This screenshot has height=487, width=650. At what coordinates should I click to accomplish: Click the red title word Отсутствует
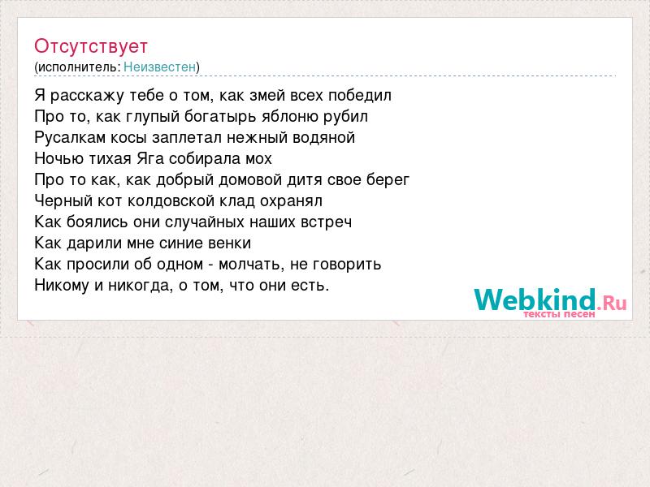point(91,46)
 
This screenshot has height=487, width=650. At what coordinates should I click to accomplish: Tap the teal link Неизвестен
point(159,67)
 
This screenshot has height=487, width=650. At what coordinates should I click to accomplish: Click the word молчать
point(252,265)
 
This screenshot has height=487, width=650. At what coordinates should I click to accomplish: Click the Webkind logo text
point(535,300)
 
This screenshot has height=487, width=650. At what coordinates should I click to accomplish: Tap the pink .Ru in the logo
point(612,303)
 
